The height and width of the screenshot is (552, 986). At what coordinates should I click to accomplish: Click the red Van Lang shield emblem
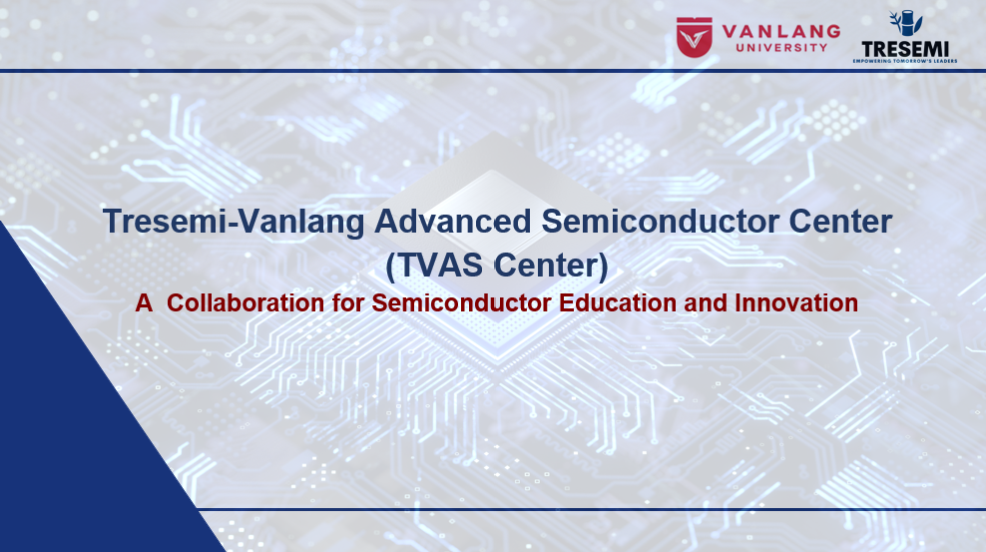pyautogui.click(x=695, y=37)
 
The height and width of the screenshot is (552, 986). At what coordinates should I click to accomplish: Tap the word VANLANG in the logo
pyautogui.click(x=781, y=31)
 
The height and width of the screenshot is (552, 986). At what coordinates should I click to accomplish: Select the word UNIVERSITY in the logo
pyautogui.click(x=781, y=48)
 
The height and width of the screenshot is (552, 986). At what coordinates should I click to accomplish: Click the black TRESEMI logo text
pyautogui.click(x=905, y=49)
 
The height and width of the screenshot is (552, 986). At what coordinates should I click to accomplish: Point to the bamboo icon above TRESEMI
pyautogui.click(x=905, y=23)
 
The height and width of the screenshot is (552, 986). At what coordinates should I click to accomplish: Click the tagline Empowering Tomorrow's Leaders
pyautogui.click(x=905, y=61)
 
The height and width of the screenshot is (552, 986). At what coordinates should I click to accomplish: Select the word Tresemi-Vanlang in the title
pyautogui.click(x=234, y=222)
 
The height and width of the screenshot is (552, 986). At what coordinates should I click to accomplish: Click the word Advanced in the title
pyautogui.click(x=453, y=222)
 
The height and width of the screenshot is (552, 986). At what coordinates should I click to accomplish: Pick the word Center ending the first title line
pyautogui.click(x=840, y=222)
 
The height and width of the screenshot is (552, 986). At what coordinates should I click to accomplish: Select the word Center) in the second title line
pyautogui.click(x=551, y=266)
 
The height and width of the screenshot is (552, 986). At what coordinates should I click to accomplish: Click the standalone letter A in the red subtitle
pyautogui.click(x=144, y=303)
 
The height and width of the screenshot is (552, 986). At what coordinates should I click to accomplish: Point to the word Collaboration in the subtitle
pyautogui.click(x=246, y=303)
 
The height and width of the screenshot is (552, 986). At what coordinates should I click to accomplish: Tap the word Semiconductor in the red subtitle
pyautogui.click(x=461, y=303)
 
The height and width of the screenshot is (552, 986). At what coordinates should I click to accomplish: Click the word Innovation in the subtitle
pyautogui.click(x=796, y=303)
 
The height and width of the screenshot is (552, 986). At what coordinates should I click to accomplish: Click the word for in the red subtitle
pyautogui.click(x=348, y=303)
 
